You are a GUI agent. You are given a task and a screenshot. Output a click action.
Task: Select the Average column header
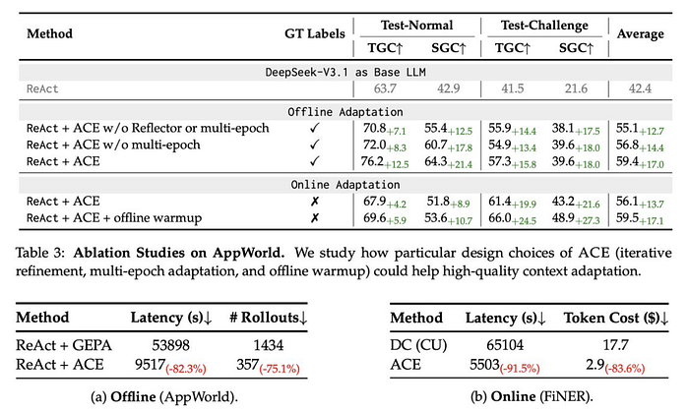pyautogui.click(x=640, y=32)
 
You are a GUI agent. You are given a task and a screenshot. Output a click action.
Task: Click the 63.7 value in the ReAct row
pyautogui.click(x=379, y=89)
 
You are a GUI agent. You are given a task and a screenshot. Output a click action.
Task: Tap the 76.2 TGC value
pyautogui.click(x=373, y=160)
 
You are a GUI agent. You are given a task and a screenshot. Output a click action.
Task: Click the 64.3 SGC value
pyautogui.click(x=438, y=160)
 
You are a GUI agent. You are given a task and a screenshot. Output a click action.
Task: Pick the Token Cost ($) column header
pyautogui.click(x=614, y=319)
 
